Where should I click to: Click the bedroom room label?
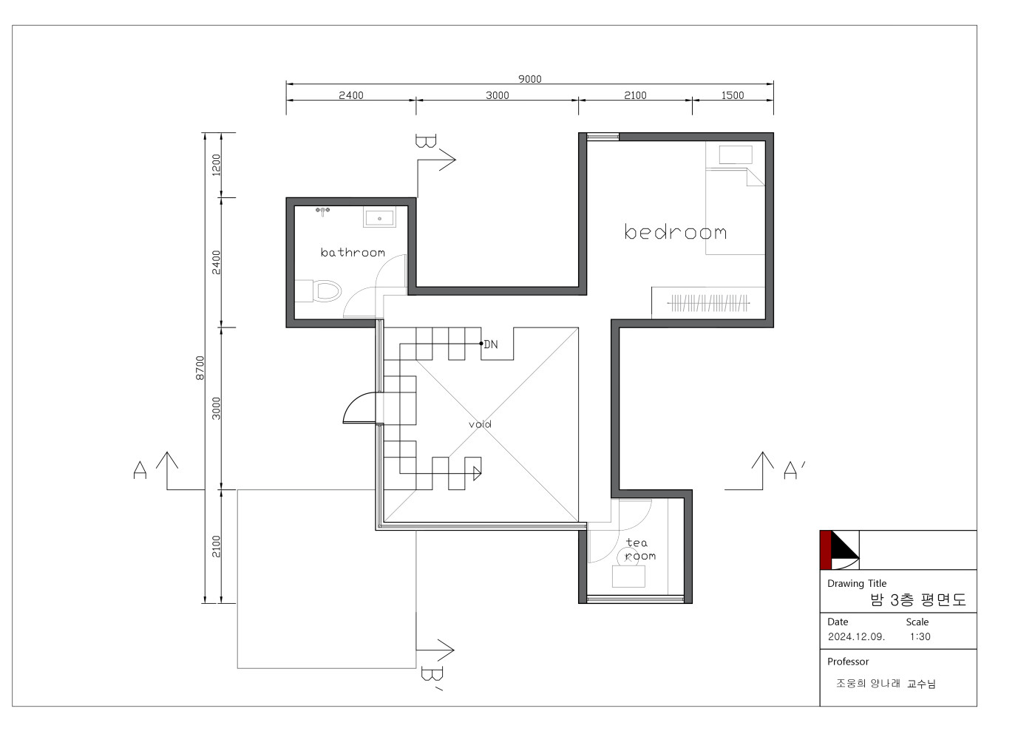point(675,231)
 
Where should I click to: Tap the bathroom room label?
point(353,252)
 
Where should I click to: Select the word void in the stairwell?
point(480,424)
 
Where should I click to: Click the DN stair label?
point(491,344)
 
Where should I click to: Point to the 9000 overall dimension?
point(529,79)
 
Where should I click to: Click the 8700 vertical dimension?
point(200,368)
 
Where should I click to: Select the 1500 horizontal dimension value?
point(733,95)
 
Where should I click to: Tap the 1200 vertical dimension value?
point(216,165)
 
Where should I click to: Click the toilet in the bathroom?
point(319,291)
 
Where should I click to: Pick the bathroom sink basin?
point(379,217)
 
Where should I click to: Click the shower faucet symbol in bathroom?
point(322,211)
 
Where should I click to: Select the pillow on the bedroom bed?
point(736,154)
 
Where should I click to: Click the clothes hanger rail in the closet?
point(708,303)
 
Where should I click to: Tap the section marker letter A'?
point(794,469)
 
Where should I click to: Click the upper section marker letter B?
point(426,141)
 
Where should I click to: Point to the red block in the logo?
point(826,550)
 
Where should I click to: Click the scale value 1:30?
point(920,636)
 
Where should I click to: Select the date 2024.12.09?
point(856,636)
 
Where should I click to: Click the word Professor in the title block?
point(848,662)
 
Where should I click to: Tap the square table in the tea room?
point(628,577)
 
